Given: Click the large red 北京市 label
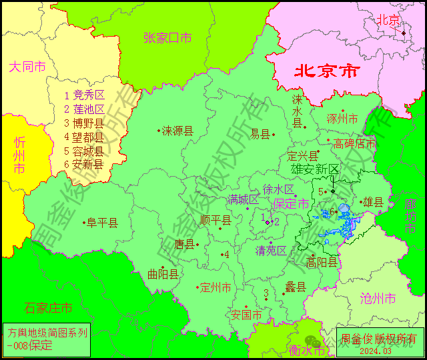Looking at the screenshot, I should [327, 71].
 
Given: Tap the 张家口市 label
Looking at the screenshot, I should [167, 38].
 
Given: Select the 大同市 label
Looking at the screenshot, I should [27, 67].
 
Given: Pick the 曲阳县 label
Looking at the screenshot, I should [163, 274].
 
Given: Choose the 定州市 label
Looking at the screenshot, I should [216, 288].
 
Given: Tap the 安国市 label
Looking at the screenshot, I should [247, 315].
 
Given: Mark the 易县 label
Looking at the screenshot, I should [260, 134].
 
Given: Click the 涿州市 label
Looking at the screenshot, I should [342, 119].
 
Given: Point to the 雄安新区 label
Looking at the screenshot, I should [316, 169].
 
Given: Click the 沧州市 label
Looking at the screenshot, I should [377, 297].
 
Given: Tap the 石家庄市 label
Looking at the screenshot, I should [48, 308].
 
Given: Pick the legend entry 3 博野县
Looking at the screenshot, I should [84, 123].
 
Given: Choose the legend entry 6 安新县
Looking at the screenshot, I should [84, 164].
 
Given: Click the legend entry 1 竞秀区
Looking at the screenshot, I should [84, 95].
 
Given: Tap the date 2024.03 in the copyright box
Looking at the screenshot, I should [378, 351].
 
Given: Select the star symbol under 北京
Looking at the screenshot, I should [403, 32].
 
